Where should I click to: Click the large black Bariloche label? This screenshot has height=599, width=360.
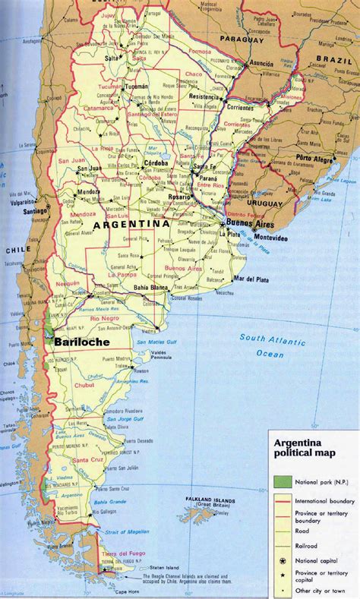tap(81, 342)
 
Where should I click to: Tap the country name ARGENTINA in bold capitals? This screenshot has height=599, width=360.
tap(130, 225)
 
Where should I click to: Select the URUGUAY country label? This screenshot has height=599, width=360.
tap(264, 204)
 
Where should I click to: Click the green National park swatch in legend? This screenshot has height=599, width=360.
tap(281, 483)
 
